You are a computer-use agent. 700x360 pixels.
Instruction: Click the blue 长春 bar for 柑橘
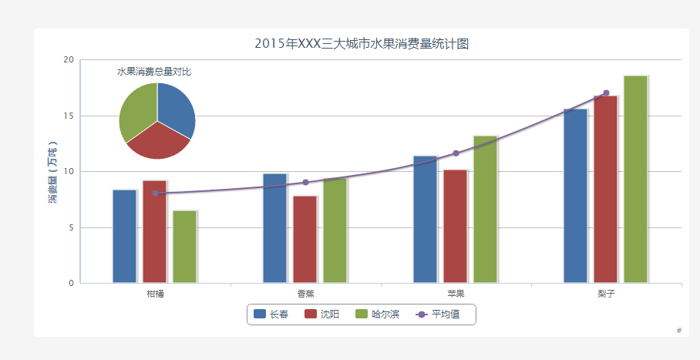125,237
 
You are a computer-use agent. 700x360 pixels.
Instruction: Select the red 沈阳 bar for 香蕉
305,240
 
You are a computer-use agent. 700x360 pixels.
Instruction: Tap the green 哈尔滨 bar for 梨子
636,179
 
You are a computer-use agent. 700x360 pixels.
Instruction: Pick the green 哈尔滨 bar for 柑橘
185,247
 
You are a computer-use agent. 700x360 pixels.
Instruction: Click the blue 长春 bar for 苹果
426,219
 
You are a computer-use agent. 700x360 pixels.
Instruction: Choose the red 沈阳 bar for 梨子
606,190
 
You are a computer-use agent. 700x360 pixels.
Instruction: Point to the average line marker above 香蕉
305,182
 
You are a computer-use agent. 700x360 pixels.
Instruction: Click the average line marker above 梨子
606,93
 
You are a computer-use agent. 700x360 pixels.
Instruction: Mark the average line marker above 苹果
456,153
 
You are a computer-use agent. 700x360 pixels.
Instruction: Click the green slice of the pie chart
137,112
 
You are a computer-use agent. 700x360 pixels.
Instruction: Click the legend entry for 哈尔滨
377,314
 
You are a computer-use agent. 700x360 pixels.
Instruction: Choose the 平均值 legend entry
438,314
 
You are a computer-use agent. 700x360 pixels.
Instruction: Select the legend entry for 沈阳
322,314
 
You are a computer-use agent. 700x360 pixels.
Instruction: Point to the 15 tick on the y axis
69,116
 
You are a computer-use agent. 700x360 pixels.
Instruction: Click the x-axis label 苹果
456,294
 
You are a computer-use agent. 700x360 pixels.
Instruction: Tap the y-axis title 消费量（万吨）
52,172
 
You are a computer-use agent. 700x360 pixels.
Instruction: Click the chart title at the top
362,44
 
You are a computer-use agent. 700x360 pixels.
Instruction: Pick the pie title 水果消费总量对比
154,72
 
